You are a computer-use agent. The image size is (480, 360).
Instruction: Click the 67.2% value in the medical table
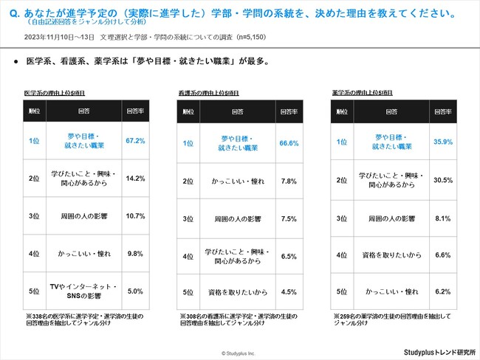pos(135,140)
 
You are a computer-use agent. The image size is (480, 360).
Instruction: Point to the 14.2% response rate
pos(135,178)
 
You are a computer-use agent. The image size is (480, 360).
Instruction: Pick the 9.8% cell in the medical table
pos(135,254)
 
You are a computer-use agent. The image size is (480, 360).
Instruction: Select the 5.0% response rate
pos(135,291)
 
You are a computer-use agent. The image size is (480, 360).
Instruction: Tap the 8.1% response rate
pos(442,218)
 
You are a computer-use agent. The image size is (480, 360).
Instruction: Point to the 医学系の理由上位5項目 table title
pos(53,94)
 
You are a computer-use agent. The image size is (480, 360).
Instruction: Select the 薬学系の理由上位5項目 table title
pos(362,94)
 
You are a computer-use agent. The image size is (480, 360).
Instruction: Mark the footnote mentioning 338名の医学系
pos(85,319)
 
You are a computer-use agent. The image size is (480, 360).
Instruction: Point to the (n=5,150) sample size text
pos(244,35)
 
